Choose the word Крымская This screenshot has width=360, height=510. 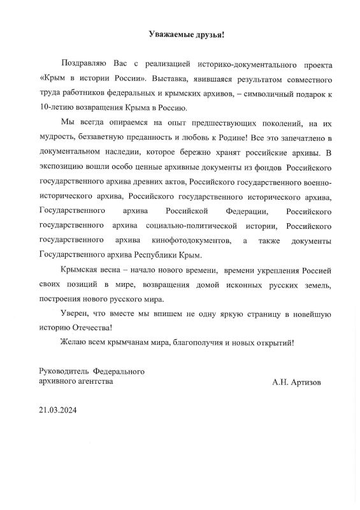point(82,272)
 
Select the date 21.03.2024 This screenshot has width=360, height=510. point(59,412)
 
